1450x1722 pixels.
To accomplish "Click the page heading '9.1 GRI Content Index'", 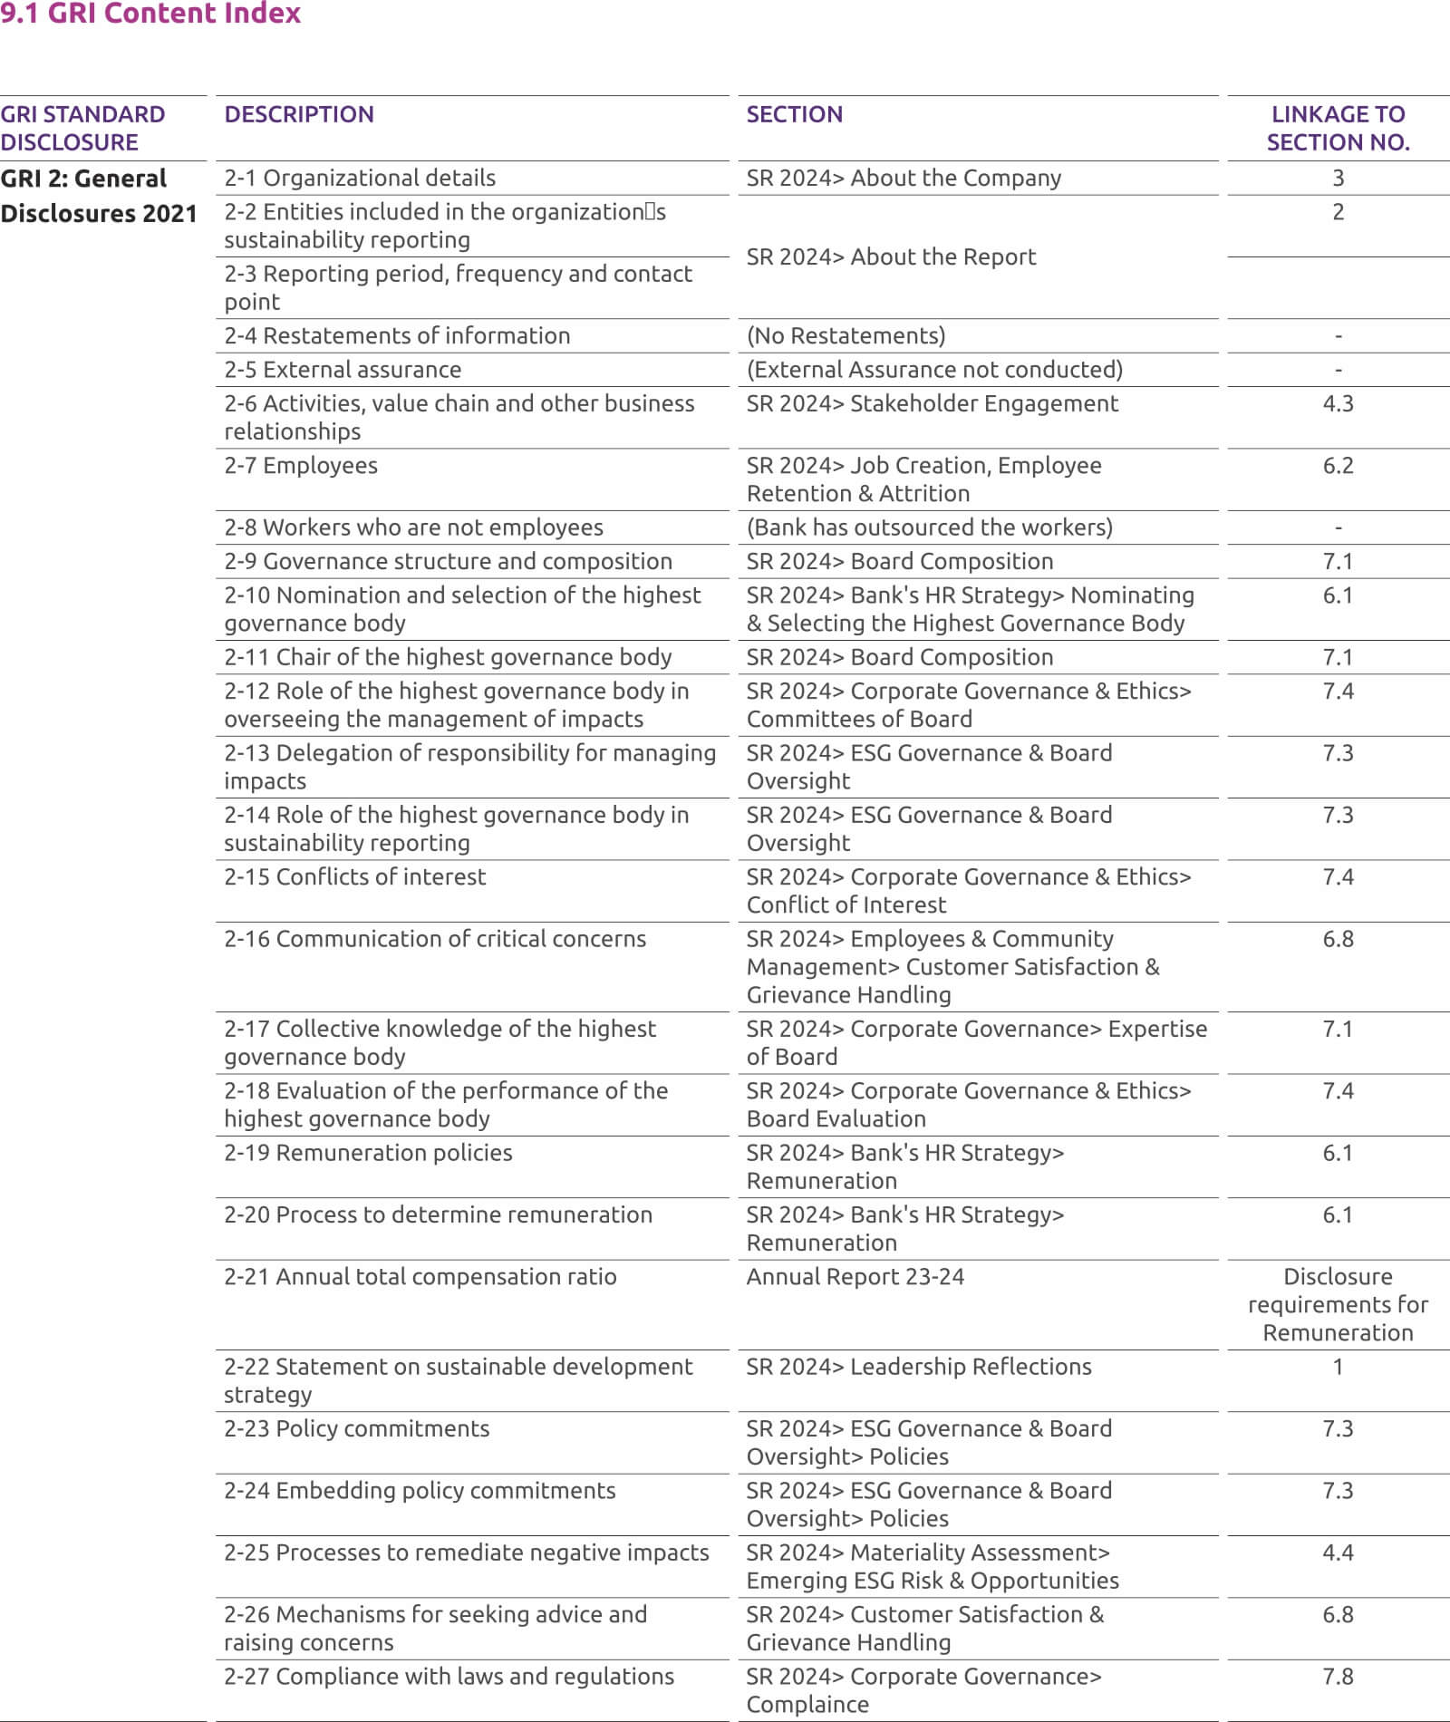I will (x=150, y=14).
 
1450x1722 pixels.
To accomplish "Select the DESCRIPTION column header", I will (x=299, y=114).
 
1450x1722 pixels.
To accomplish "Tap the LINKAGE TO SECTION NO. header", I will (x=1338, y=128).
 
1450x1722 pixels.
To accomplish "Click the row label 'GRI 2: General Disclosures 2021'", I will (x=98, y=196).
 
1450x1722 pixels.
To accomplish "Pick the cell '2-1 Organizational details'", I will (x=360, y=178).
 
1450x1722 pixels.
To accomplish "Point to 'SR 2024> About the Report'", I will (x=891, y=256).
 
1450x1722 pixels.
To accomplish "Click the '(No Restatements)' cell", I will (x=846, y=335).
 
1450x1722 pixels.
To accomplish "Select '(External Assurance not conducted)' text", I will (x=934, y=370).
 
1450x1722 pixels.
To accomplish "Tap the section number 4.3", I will (x=1338, y=403).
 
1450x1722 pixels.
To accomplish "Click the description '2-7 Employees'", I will (x=301, y=465).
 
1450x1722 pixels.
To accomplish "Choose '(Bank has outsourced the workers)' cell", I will (x=930, y=527).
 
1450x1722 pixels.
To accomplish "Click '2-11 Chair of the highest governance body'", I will (x=448, y=657).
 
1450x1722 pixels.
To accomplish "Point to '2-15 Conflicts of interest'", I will (x=354, y=876).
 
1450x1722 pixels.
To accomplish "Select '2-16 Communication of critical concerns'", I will (x=435, y=939).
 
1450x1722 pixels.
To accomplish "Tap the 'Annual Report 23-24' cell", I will (x=855, y=1277).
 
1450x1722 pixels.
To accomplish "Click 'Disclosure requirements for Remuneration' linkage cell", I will (x=1338, y=1304).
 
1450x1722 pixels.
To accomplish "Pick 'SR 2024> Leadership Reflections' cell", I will (x=919, y=1367).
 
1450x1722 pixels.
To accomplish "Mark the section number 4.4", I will (x=1338, y=1553).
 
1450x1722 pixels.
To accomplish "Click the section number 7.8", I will (x=1338, y=1677).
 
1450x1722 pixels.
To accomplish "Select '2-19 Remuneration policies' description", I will (x=368, y=1153).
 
